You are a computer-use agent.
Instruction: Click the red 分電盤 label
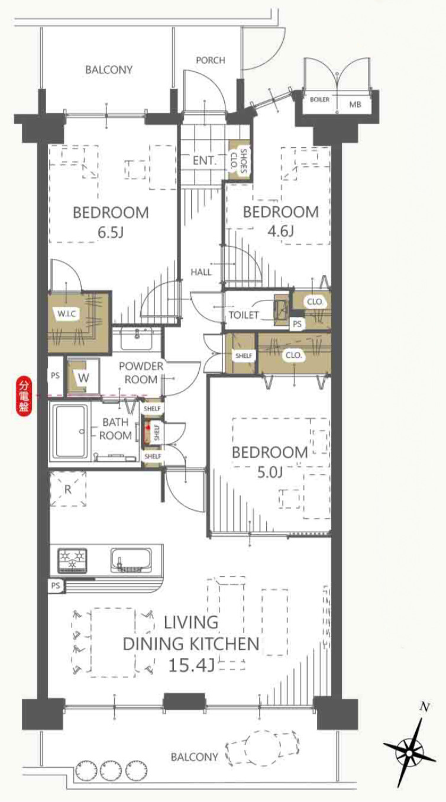tap(24, 396)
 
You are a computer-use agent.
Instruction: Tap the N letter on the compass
tap(425, 707)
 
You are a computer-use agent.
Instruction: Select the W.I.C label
tap(67, 314)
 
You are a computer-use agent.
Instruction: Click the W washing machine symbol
tap(83, 377)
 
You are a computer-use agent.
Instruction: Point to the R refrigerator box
tap(67, 489)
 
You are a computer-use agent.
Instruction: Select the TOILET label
tap(244, 315)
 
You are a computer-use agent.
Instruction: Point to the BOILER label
tap(319, 99)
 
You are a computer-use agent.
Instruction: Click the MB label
tap(355, 105)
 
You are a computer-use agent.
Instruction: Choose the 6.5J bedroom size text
tap(111, 232)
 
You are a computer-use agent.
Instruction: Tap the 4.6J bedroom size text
tap(281, 231)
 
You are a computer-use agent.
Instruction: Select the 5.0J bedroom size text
tap(270, 472)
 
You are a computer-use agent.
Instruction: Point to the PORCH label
tap(211, 60)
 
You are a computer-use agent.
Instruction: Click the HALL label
tap(201, 272)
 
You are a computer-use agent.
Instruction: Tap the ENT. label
tap(205, 160)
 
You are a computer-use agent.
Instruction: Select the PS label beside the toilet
tap(297, 324)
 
